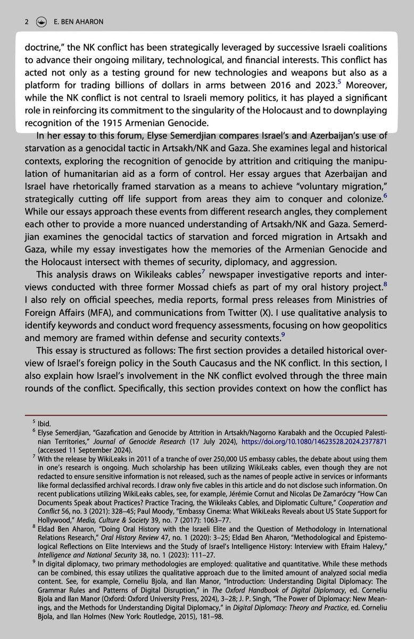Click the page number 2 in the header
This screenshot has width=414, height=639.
26,22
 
